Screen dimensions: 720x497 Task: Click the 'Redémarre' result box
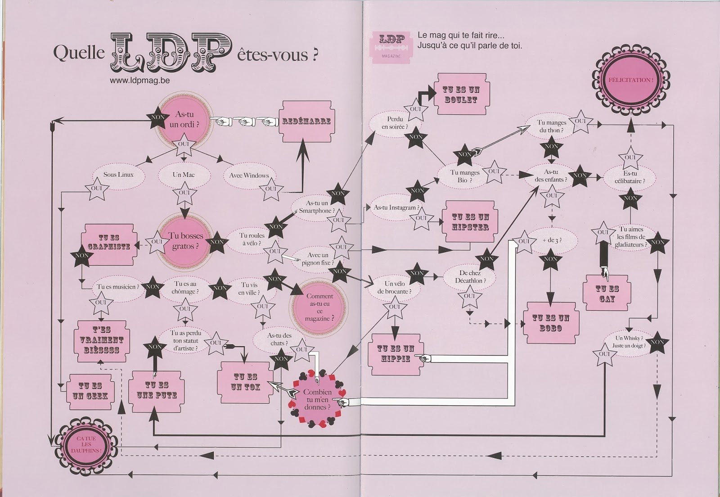click(306, 121)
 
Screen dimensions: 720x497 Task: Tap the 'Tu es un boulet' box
click(461, 95)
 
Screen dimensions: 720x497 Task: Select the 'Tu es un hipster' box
click(470, 222)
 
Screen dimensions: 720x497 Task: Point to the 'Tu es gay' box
click(607, 294)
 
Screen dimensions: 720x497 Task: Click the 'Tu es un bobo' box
click(551, 323)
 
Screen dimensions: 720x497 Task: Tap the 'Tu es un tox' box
click(245, 382)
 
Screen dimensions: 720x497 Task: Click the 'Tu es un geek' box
click(90, 391)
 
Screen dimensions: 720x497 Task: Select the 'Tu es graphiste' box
click(108, 242)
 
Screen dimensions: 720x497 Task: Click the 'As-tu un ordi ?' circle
click(184, 119)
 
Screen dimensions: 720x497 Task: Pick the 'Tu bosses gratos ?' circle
click(185, 241)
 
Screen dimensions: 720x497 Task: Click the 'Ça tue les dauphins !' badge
click(86, 444)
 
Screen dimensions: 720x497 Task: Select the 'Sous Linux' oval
click(118, 175)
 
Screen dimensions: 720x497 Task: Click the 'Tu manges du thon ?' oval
click(551, 126)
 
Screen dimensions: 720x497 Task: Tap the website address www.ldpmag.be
click(139, 81)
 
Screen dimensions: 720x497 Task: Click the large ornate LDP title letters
click(171, 53)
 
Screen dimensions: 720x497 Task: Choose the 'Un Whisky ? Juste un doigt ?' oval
click(629, 342)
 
